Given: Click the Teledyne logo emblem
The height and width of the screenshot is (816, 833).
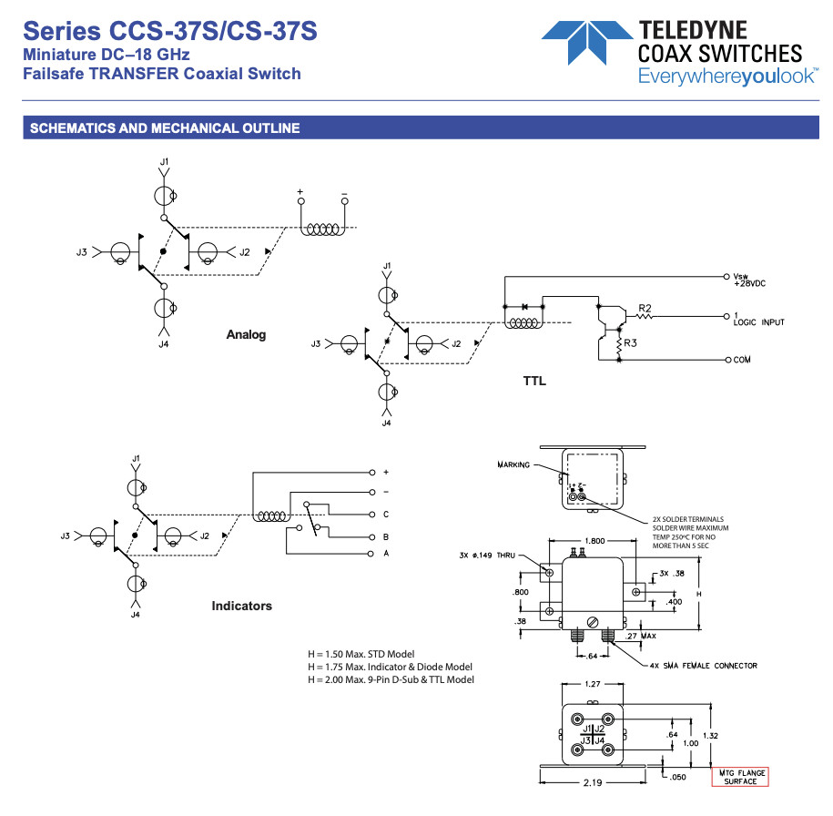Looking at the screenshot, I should click(x=586, y=41).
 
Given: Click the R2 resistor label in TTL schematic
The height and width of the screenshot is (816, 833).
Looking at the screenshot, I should click(x=645, y=308).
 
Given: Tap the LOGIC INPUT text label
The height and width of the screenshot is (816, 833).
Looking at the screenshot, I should click(x=758, y=322).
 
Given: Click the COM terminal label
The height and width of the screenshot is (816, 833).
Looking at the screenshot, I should click(x=742, y=360).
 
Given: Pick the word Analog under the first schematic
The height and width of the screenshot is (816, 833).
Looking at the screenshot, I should click(x=246, y=335).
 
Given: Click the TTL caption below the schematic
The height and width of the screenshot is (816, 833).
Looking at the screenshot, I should click(x=534, y=381).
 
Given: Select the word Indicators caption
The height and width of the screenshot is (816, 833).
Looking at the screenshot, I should click(x=241, y=606).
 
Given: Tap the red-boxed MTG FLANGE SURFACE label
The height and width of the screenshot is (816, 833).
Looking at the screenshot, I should click(x=740, y=777).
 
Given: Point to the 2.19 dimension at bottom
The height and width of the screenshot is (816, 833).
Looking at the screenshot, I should click(x=592, y=783).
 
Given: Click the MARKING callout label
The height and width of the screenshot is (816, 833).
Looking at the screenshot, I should click(x=513, y=464).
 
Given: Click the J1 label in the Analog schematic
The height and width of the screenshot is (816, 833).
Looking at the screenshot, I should click(x=164, y=161).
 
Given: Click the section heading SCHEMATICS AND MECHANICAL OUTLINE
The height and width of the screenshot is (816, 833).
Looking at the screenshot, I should click(x=165, y=128).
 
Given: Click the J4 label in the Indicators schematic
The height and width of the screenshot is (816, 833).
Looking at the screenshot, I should click(x=135, y=615).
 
